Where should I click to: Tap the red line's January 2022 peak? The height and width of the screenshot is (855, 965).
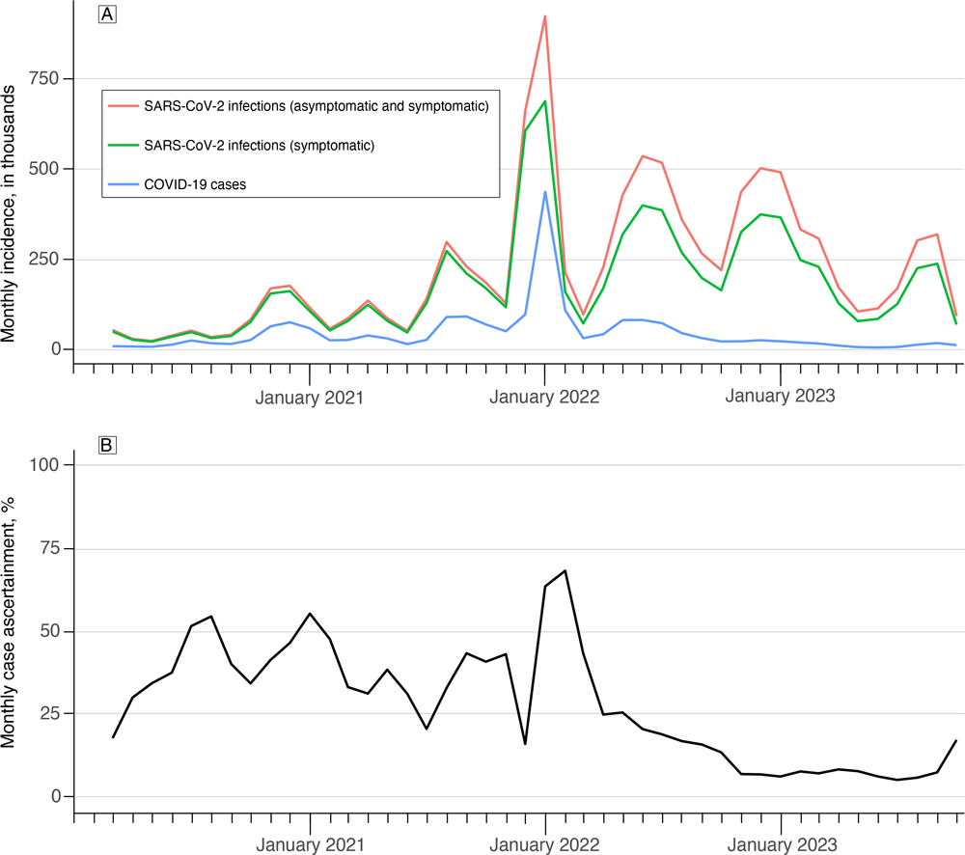pyautogui.click(x=545, y=16)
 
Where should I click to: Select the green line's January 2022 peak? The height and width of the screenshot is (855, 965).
pyautogui.click(x=545, y=101)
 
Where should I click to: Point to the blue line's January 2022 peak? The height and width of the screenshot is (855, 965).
pyautogui.click(x=545, y=191)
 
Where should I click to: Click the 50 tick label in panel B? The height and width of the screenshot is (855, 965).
pyautogui.click(x=48, y=631)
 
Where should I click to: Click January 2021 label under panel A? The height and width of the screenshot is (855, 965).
pyautogui.click(x=310, y=397)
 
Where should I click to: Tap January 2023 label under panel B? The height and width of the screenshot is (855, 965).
pyautogui.click(x=781, y=846)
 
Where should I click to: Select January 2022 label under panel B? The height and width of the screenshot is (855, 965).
pyautogui.click(x=545, y=846)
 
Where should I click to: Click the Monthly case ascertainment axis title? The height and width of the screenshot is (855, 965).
pyautogui.click(x=12, y=629)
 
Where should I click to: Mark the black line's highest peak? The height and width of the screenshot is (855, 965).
pyautogui.click(x=565, y=570)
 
